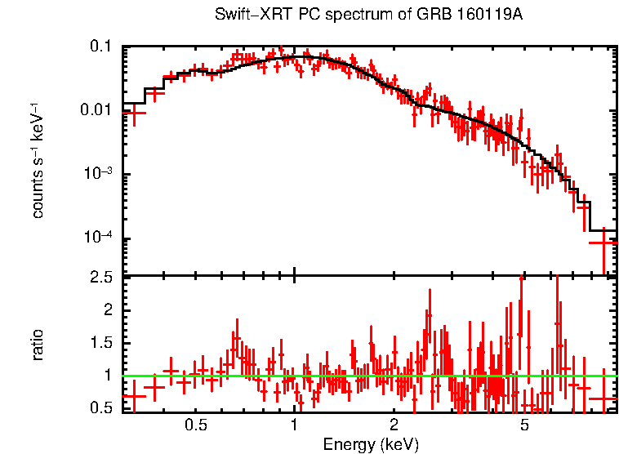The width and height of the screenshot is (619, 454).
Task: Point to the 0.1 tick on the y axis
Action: (100, 47)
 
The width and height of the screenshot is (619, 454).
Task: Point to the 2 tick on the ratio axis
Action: (107, 310)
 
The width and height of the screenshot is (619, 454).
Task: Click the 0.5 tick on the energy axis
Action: (195, 425)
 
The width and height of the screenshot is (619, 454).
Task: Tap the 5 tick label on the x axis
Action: (524, 425)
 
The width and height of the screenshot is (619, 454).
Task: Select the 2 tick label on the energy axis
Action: (393, 425)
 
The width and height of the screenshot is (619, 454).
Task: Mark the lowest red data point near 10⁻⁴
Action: (603, 243)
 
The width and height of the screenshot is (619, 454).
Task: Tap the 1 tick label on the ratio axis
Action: (107, 376)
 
